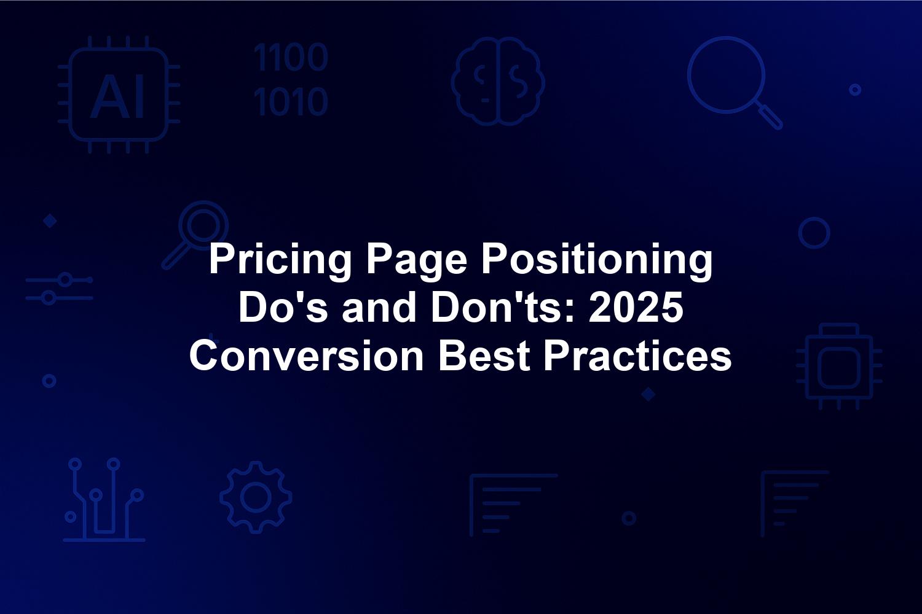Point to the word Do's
pos(283,308)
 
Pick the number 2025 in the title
pos(636,308)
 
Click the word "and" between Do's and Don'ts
pos(379,308)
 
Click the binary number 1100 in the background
pos(291,57)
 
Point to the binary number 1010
pos(291,101)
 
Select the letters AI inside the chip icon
pos(118,97)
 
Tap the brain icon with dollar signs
pos(498,81)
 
